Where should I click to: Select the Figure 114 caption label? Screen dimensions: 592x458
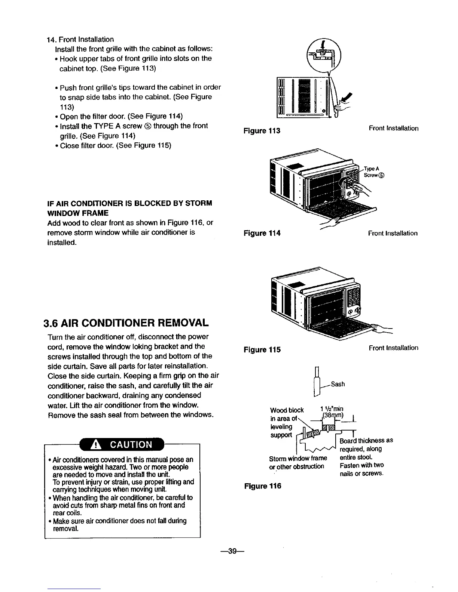[x=262, y=234]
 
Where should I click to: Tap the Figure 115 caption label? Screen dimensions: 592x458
[x=262, y=350]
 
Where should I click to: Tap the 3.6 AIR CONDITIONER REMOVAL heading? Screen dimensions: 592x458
[x=126, y=323]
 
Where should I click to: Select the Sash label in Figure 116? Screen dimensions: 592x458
[x=338, y=384]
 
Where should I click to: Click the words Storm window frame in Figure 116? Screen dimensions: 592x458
[x=298, y=458]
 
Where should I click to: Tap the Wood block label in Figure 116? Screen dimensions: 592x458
[x=287, y=410]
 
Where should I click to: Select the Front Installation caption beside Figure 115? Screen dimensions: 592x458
[x=393, y=348]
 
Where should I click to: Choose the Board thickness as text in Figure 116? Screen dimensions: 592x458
[x=366, y=440]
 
